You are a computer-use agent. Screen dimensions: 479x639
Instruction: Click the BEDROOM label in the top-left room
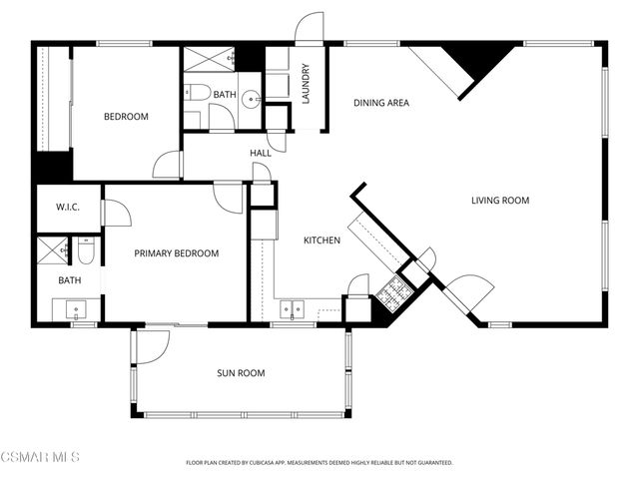[126, 117]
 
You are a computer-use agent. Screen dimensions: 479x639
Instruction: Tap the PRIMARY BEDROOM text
[177, 253]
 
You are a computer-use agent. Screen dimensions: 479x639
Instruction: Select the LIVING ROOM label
[499, 201]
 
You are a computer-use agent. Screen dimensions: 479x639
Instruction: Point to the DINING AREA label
[381, 103]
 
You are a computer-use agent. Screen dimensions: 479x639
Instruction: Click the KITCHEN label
[322, 240]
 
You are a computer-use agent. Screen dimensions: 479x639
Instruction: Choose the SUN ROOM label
[241, 373]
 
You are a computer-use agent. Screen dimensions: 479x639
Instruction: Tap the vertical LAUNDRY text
[307, 83]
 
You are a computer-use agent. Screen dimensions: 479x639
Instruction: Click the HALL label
[261, 153]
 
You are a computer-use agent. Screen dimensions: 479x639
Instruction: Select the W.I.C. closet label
[68, 208]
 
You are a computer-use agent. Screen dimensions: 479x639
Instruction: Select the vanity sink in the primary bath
[80, 310]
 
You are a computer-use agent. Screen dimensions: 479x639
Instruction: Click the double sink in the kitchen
[293, 308]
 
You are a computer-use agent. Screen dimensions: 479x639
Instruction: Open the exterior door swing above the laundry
[311, 28]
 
